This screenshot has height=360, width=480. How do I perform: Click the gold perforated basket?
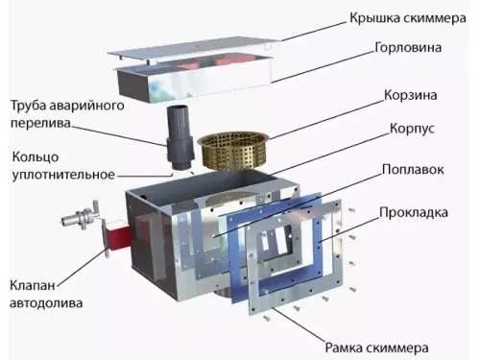(231, 146)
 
